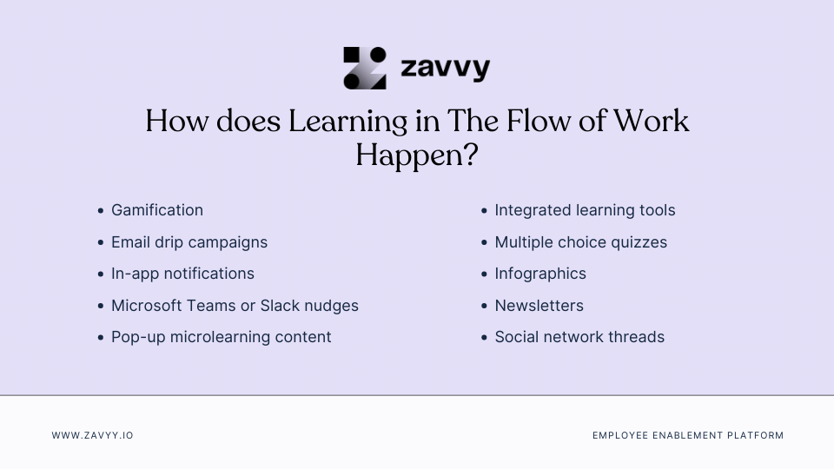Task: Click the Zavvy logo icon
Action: (x=365, y=68)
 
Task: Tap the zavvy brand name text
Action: (x=446, y=68)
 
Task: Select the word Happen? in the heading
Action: (x=417, y=155)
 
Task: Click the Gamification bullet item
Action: (x=157, y=210)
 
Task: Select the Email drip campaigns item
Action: (x=189, y=242)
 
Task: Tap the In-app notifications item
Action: (x=182, y=274)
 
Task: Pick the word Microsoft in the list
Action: (x=146, y=306)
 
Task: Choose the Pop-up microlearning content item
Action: (x=221, y=337)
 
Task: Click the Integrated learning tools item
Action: (x=585, y=210)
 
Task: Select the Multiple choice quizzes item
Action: (x=580, y=242)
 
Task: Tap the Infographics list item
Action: (x=540, y=274)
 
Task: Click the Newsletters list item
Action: (x=539, y=306)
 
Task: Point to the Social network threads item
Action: (x=579, y=337)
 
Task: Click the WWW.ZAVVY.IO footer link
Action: (x=92, y=435)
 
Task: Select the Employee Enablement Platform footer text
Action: (x=688, y=435)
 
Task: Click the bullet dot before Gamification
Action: (x=101, y=211)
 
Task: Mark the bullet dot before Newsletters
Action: (x=484, y=307)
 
